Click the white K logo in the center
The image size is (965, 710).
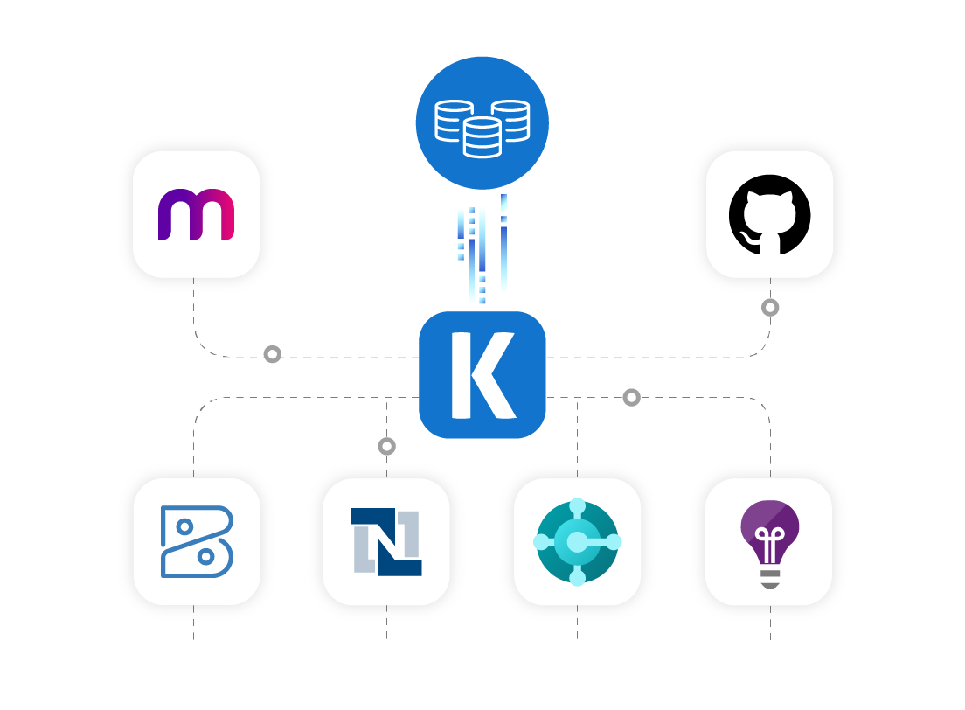(482, 375)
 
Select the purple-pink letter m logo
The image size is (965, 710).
(196, 215)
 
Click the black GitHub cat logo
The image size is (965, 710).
(769, 214)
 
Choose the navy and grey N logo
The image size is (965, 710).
(386, 542)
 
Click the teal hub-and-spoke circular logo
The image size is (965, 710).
(577, 542)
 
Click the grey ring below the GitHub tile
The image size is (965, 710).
(770, 308)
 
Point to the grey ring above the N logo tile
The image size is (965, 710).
(386, 446)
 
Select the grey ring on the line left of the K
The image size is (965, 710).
(273, 354)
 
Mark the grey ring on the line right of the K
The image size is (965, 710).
(631, 398)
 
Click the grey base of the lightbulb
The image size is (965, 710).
(769, 578)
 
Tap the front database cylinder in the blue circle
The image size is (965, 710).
(482, 138)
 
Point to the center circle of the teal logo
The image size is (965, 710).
(577, 543)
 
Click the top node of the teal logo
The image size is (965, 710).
(577, 506)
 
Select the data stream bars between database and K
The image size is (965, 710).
(481, 254)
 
